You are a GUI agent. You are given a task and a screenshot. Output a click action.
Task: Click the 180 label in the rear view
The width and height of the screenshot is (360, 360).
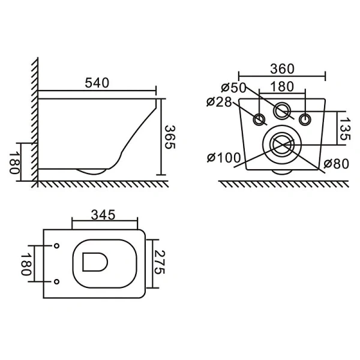(282, 88)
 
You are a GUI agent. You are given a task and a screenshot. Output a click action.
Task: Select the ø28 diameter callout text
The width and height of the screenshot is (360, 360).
(219, 102)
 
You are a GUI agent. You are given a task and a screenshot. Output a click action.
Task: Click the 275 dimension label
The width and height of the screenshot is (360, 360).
(160, 263)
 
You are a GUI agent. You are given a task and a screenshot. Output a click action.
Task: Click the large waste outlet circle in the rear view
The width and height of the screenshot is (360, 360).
(280, 144)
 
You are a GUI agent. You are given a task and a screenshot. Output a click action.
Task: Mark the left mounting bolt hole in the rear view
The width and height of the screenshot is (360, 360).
(259, 119)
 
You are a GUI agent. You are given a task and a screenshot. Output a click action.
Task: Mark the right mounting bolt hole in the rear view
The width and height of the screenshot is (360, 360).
(305, 119)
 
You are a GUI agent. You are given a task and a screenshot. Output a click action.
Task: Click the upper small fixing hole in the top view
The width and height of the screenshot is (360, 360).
(56, 246)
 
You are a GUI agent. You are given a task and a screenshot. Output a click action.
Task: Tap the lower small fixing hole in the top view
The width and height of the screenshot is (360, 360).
(56, 281)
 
